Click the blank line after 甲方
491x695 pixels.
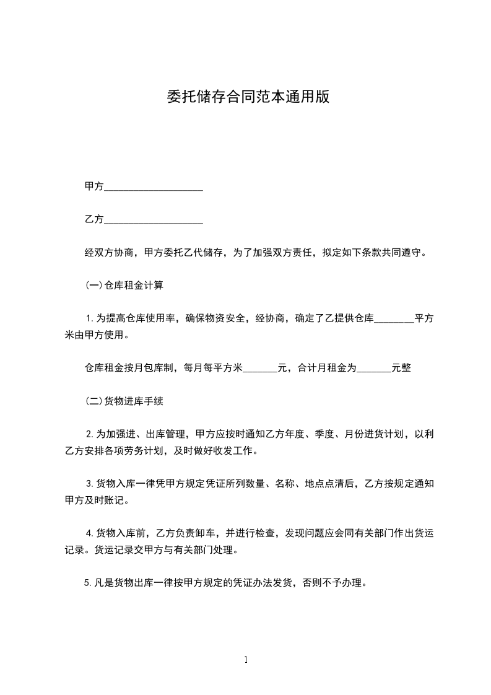click(154, 187)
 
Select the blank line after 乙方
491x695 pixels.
click(154, 220)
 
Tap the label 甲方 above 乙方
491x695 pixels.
click(93, 186)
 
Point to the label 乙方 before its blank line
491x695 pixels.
click(93, 219)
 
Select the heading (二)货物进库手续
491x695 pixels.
click(124, 401)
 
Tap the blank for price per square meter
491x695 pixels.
click(260, 369)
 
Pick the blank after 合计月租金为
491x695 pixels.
click(374, 369)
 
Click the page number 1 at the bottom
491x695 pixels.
click(246, 660)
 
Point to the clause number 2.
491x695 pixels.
click(89, 434)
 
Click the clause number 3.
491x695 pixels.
click(89, 483)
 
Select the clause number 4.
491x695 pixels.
click(89, 533)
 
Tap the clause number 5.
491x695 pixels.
click(89, 582)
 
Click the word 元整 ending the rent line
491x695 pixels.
click(401, 368)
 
